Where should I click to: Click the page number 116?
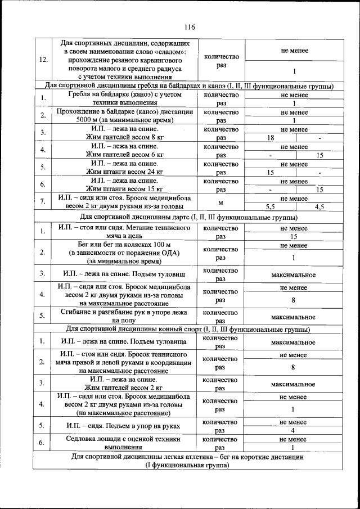[x=189, y=27]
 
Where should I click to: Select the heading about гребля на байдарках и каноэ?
[x=189, y=86]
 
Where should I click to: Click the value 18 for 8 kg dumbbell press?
[x=271, y=138]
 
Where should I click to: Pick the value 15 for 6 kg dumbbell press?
[x=319, y=155]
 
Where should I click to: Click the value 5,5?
[x=271, y=207]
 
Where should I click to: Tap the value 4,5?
[x=319, y=207]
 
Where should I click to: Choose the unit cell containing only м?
[x=221, y=202]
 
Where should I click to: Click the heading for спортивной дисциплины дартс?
[x=189, y=217]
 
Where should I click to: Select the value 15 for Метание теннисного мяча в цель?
[x=293, y=237]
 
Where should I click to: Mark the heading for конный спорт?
[x=189, y=330]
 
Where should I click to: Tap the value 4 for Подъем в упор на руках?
[x=293, y=430]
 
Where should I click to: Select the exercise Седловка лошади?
[x=124, y=443]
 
